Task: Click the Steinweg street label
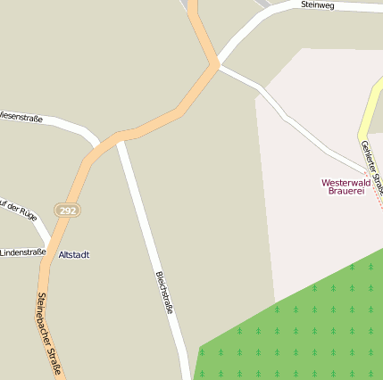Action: coord(317,4)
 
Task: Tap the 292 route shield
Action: coord(67,211)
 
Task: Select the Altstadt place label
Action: coord(73,254)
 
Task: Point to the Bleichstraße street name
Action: coord(163,293)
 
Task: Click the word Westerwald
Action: coord(346,182)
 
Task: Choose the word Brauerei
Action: coord(346,191)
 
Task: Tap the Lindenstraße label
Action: coord(22,252)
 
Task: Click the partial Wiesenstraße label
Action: coord(22,115)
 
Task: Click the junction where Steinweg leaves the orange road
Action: coord(217,64)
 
